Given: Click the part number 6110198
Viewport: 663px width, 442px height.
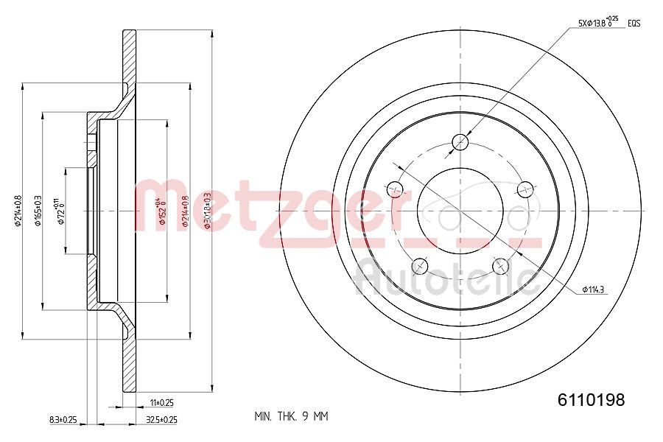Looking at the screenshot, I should click(591, 400).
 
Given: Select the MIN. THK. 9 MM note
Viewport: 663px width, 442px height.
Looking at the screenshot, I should click(291, 417).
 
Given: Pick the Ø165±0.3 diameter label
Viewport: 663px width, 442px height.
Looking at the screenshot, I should click(38, 211).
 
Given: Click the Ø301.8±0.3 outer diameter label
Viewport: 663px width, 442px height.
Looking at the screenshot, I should click(208, 211).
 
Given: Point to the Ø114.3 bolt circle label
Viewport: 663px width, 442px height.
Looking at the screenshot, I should click(593, 289).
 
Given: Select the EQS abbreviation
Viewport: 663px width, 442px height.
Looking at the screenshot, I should click(634, 24).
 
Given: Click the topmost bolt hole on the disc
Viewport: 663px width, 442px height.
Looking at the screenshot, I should click(461, 141).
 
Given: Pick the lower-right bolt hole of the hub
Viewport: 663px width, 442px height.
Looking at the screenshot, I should click(502, 266).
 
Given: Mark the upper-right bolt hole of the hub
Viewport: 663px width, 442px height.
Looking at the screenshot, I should click(526, 189).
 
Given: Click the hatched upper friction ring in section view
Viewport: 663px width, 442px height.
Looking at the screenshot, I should click(130, 59).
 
